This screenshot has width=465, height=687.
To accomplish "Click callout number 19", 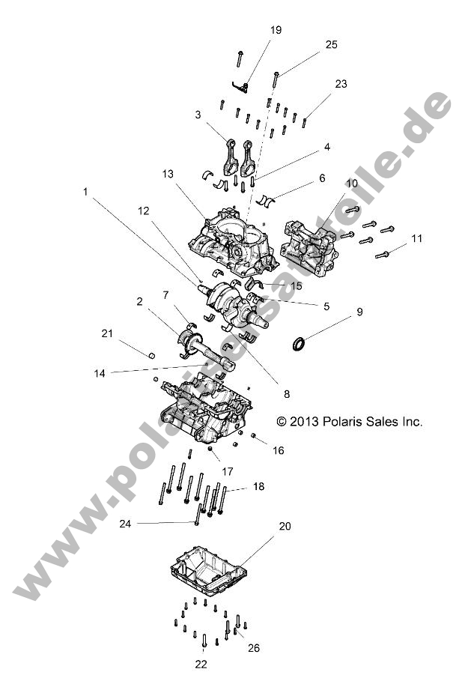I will coord(276,30).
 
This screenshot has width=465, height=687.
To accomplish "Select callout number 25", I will coord(332,45).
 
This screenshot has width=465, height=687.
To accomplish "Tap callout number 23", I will coord(341,84).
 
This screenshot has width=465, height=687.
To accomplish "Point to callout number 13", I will coord(167,174).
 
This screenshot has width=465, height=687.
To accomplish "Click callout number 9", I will coord(359,311).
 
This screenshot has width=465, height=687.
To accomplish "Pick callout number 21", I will coord(106,333).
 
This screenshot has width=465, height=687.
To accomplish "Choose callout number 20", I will coord(284,526).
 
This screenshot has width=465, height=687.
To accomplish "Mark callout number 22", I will coord(201,663).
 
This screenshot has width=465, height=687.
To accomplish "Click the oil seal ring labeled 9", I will coord(299,345).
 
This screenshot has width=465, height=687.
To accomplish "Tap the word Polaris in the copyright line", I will coord(342,422).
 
